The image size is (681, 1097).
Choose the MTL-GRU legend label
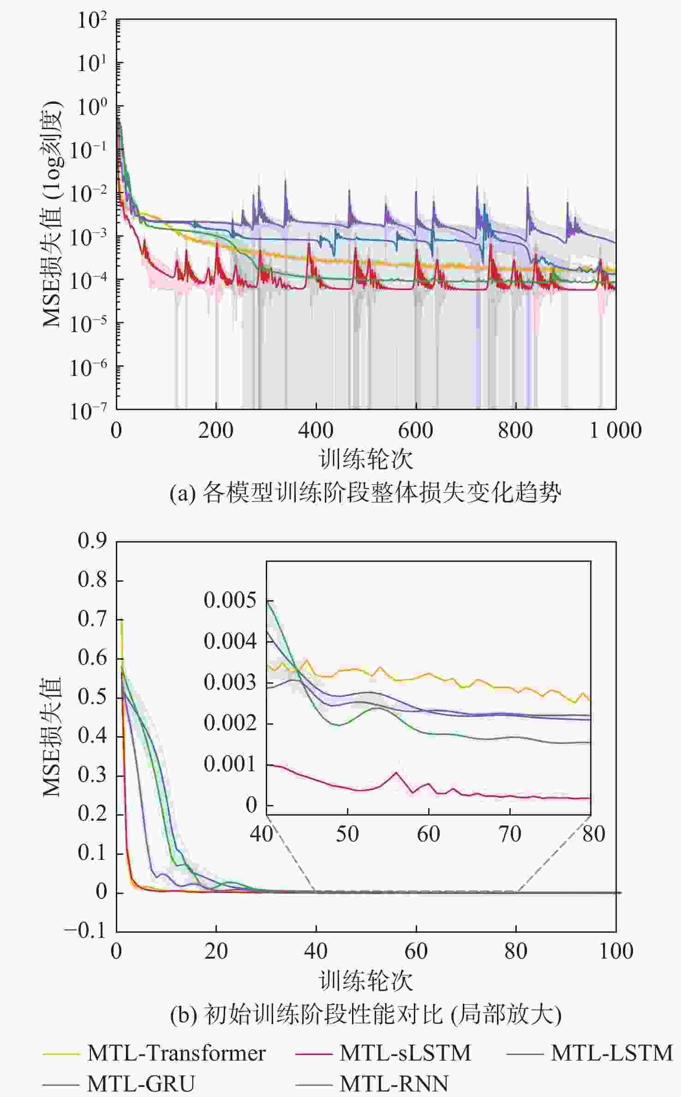click(x=141, y=1084)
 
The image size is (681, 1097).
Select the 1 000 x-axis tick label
click(x=615, y=431)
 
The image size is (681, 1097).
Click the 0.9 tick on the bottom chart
click(x=92, y=541)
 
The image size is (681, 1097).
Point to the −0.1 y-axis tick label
click(x=86, y=931)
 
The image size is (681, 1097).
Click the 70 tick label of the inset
click(x=510, y=834)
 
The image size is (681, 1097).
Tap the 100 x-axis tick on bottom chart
click(x=616, y=951)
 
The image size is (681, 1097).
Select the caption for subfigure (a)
click(x=365, y=493)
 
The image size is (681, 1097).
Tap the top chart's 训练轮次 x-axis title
click(x=366, y=459)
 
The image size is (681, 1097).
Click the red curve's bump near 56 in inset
click(x=395, y=773)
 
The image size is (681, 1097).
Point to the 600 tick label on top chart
click(x=416, y=431)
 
